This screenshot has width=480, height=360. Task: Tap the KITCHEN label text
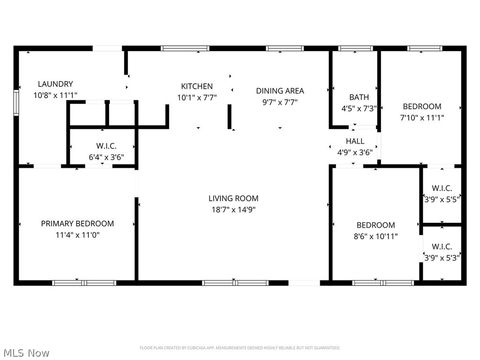(x=196, y=86)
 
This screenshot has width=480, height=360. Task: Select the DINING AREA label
(x=280, y=90)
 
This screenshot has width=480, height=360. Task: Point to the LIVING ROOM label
(x=234, y=198)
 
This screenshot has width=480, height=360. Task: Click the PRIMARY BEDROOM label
(x=77, y=223)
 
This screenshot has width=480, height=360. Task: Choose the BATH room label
(x=358, y=97)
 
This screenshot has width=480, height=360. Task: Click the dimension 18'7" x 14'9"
(x=234, y=209)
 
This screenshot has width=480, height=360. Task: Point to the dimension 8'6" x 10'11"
(x=376, y=236)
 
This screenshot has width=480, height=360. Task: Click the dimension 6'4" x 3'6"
(x=106, y=157)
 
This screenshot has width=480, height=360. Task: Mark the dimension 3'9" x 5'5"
(x=441, y=198)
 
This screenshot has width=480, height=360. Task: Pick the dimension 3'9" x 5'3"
(x=441, y=257)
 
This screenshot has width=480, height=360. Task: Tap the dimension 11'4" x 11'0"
(x=77, y=234)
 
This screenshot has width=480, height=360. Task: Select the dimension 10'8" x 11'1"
(x=56, y=95)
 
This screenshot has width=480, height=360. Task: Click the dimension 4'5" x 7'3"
(x=358, y=108)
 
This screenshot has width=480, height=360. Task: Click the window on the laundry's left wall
(x=16, y=103)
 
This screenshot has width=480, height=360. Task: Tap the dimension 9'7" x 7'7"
(x=280, y=101)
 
